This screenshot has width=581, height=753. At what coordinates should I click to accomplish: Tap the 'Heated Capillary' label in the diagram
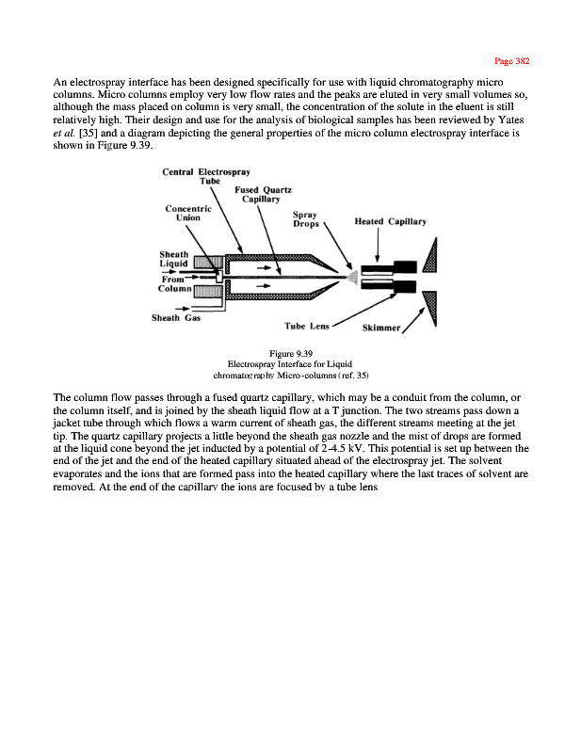[x=390, y=222]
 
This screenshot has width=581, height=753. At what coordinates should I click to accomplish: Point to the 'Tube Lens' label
[x=306, y=326]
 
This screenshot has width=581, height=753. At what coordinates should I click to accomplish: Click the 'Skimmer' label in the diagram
[x=381, y=329]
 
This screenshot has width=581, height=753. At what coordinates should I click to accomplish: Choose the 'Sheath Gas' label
[x=175, y=317]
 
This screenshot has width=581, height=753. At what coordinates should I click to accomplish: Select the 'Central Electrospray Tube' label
[x=203, y=177]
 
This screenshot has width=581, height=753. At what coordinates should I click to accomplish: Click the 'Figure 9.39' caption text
[x=283, y=353]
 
